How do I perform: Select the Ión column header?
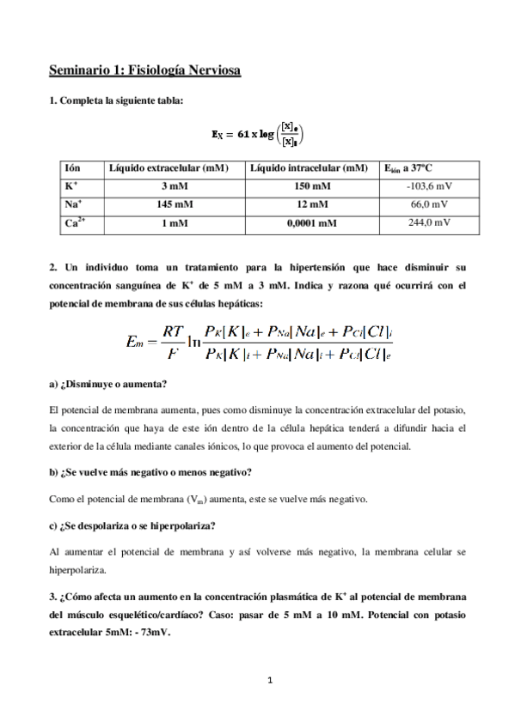(75, 169)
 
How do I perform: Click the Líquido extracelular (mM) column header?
(169, 169)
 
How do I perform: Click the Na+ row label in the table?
(74, 204)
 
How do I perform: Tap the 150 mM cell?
(311, 186)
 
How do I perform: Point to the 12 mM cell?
(311, 204)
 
